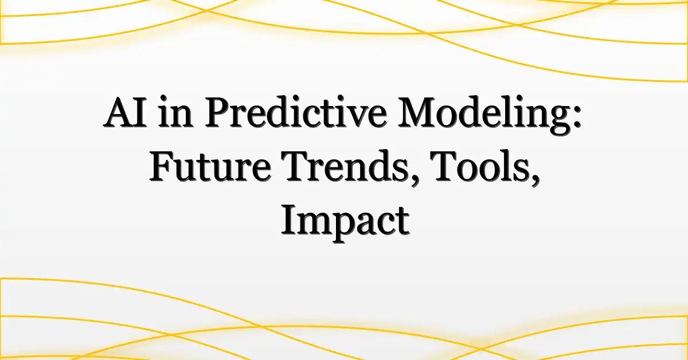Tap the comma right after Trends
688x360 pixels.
(x=415, y=181)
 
